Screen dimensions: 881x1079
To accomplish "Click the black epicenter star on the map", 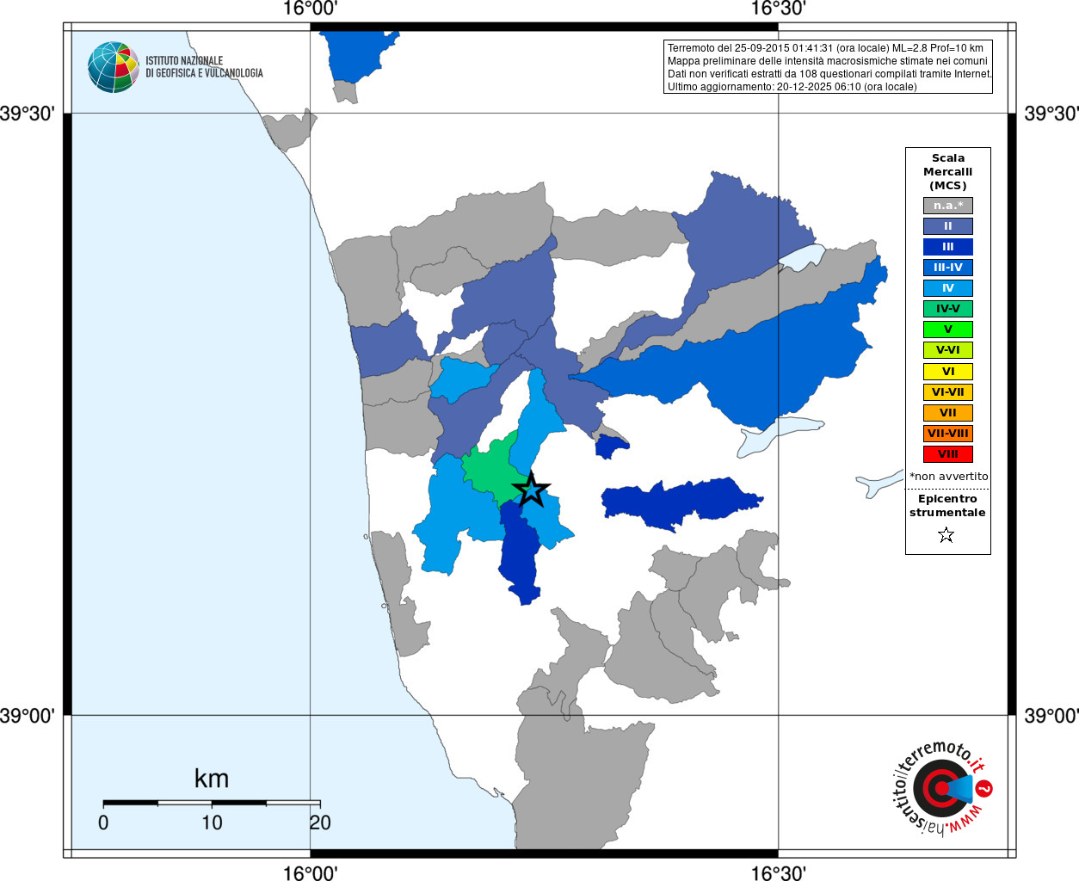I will (x=531, y=490).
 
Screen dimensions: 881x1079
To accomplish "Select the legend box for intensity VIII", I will (x=947, y=454).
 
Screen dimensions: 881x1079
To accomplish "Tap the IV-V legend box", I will (x=947, y=309).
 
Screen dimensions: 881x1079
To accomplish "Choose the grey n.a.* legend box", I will (x=947, y=206).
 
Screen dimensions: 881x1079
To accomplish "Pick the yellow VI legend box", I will (x=947, y=372).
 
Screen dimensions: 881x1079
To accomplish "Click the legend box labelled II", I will (x=947, y=226).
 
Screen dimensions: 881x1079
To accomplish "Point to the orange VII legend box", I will (x=947, y=413).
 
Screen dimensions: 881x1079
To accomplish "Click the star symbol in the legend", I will (x=946, y=535).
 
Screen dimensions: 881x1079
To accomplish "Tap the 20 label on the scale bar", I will (x=320, y=822).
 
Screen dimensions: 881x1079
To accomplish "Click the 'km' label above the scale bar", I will (x=212, y=779).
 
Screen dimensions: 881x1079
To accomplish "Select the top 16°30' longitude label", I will (x=779, y=9).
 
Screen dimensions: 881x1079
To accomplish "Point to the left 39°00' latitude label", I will (x=27, y=716).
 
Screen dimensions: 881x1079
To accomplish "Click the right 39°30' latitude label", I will (x=1051, y=114).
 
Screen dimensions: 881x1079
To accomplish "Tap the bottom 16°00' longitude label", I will (x=310, y=873).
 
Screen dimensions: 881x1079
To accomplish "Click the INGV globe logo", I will (x=114, y=67).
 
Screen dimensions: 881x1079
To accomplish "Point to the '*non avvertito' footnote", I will (x=948, y=476).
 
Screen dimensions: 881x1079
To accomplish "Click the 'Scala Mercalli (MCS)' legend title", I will (x=947, y=171).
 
